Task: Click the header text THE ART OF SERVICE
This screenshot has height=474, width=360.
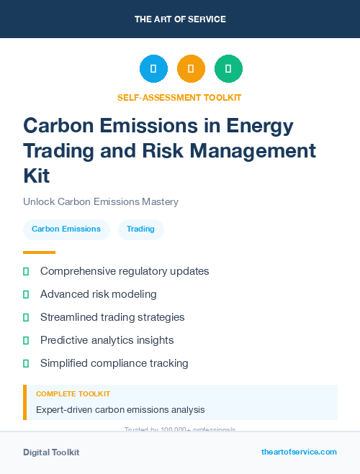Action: (x=180, y=19)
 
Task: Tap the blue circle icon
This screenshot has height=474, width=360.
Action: (x=153, y=69)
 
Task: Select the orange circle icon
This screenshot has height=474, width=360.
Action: (x=191, y=69)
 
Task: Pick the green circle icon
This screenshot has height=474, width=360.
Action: (x=228, y=69)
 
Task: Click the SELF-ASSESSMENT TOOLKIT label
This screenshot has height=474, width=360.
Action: (x=179, y=98)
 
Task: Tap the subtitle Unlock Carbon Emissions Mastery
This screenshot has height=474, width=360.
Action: (x=101, y=202)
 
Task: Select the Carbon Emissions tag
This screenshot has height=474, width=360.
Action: (x=66, y=229)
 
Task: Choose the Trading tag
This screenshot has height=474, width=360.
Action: (x=140, y=229)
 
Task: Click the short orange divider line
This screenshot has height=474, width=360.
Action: (x=39, y=252)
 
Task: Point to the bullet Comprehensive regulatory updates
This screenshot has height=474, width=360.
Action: (x=125, y=271)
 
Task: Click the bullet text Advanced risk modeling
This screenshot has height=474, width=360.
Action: (x=98, y=294)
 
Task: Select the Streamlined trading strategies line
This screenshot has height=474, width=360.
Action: (x=112, y=317)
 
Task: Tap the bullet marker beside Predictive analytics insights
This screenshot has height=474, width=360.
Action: (x=26, y=340)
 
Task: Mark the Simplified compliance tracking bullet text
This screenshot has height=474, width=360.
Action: (x=114, y=363)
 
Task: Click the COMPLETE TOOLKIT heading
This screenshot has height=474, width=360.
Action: (x=73, y=394)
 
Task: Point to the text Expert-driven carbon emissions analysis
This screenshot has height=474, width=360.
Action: (x=120, y=410)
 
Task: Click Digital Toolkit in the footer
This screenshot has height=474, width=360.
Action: (x=51, y=452)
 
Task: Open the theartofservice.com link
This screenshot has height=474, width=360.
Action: (x=299, y=452)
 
